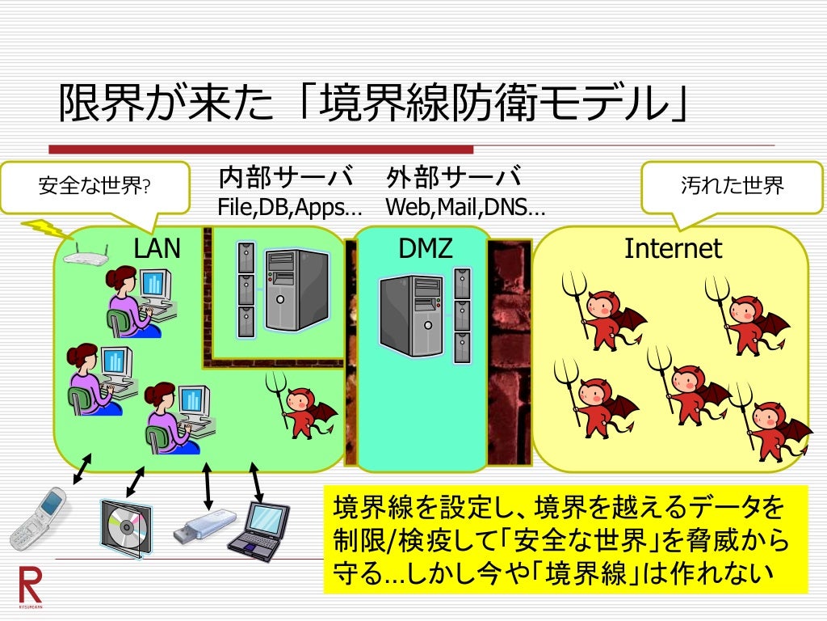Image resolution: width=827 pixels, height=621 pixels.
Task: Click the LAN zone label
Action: (x=157, y=248)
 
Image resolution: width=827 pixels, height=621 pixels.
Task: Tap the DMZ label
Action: (x=426, y=248)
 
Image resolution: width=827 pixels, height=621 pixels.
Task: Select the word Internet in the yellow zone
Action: (x=673, y=248)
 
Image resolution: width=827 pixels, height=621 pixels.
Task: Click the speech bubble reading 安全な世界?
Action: (x=94, y=187)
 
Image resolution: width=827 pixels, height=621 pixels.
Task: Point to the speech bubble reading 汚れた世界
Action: (x=732, y=187)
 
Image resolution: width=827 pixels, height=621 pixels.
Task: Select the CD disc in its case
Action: (x=125, y=527)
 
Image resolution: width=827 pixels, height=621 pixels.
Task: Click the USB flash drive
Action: (x=205, y=525)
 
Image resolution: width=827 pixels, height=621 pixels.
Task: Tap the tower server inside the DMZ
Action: (x=411, y=315)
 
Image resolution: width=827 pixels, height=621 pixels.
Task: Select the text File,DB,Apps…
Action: (x=289, y=208)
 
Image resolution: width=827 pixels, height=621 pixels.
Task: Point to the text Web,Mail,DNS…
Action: (x=464, y=208)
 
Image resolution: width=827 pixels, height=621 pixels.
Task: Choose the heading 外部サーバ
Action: (x=453, y=177)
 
